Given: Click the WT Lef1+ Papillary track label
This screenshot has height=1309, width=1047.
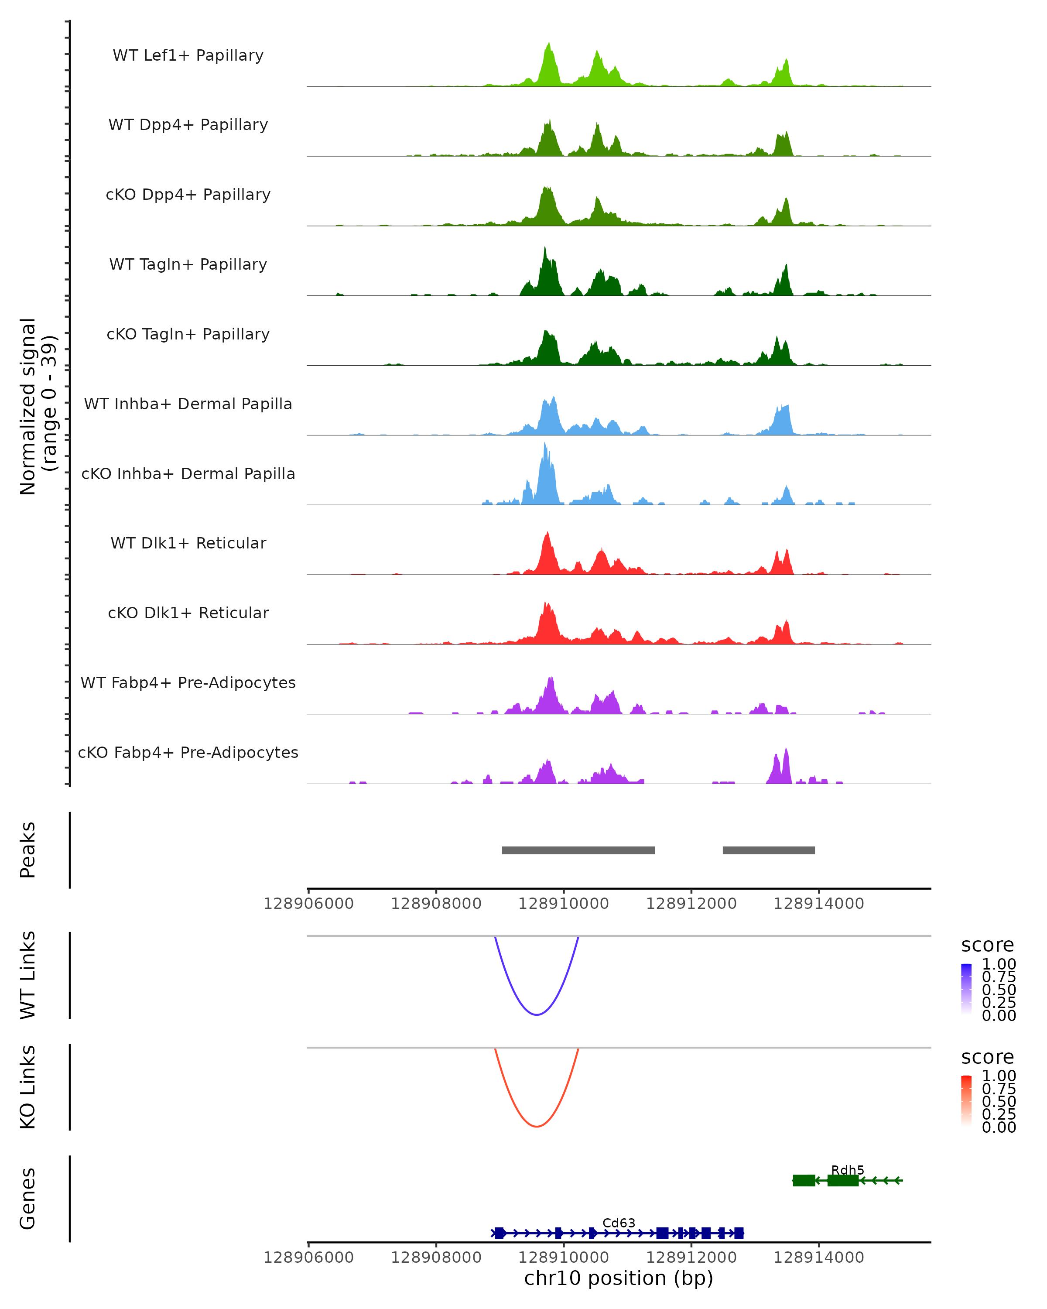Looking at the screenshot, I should pos(188,55).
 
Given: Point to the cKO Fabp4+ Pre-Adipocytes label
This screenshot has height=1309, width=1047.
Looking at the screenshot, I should pos(188,752).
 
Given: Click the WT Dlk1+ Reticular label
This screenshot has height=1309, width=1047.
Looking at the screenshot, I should pos(188,543).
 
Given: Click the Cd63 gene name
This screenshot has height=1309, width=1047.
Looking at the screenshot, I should pos(619,1223).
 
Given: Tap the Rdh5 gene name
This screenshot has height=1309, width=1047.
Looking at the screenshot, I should pos(847,1170).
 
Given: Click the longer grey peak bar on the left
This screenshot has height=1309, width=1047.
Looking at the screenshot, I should pos(578,850).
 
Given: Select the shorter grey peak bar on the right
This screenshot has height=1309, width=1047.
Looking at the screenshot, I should pos(768,850).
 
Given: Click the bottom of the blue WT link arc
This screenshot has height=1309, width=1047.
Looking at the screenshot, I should pos(537,1014).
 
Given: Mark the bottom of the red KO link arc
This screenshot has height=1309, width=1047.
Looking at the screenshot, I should pos(537,1126).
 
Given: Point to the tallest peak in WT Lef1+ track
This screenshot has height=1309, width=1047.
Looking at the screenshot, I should pos(549,45).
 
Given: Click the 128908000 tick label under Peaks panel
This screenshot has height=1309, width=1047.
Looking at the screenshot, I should pos(436,904).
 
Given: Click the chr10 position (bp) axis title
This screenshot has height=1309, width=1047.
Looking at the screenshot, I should pos(619,1278).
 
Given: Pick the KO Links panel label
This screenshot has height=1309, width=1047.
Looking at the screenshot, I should pos(28,1087).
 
